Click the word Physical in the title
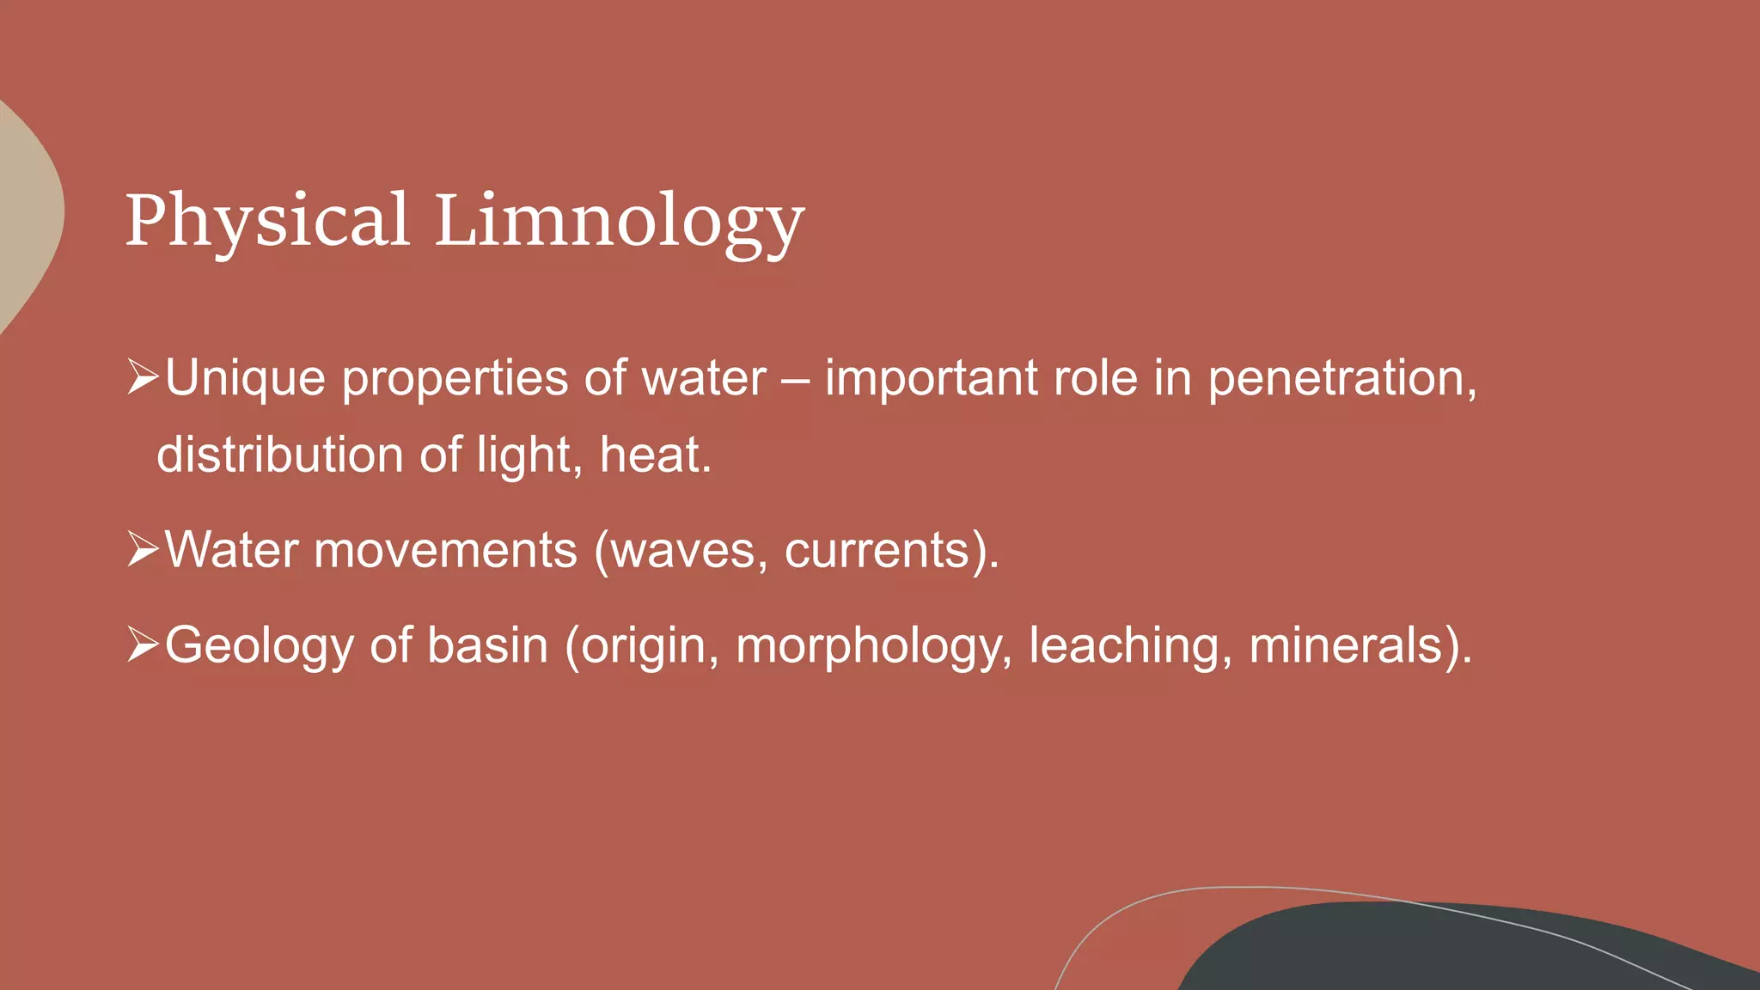[266, 221]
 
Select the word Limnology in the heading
[619, 221]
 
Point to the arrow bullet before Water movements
[143, 549]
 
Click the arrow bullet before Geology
[143, 645]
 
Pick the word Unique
[245, 379]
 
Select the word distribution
[279, 455]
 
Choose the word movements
[445, 550]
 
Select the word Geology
[259, 646]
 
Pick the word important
[931, 379]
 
